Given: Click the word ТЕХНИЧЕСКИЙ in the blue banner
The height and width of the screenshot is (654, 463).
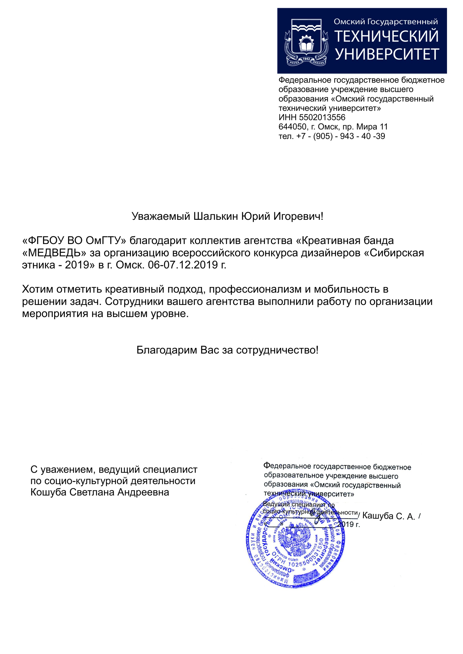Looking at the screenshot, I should pos(386,36).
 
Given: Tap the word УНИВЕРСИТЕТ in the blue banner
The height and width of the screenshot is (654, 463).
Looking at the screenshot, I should pos(387,54).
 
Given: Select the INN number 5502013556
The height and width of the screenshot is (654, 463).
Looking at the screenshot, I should pos(322,117).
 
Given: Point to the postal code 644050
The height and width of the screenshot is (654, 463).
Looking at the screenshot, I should pos(293,127).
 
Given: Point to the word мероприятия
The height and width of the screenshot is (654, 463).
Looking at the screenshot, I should pos(55,314).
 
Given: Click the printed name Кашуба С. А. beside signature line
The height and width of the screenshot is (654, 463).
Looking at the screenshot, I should pos(389,516).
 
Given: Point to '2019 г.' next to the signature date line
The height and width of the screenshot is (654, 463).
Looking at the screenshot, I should pos(349,524).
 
